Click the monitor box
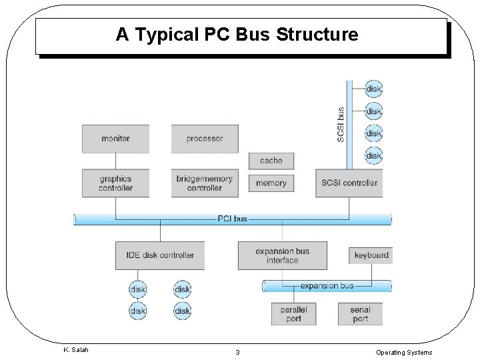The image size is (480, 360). click(115, 139)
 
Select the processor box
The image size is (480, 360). click(205, 139)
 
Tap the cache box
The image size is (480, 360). click(271, 161)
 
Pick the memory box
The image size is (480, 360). click(271, 183)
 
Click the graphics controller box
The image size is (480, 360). click(115, 183)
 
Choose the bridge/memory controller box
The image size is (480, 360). click(205, 183)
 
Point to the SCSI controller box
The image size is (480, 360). click(349, 183)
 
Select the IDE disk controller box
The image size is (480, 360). click(160, 255)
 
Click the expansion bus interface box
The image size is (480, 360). click(282, 255)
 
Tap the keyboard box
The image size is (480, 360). click(371, 255)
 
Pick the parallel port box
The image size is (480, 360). click(293, 314)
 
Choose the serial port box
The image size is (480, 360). click(360, 314)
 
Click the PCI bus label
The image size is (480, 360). click(232, 219)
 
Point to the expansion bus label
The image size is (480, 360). click(327, 286)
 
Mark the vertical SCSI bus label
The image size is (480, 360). click(341, 125)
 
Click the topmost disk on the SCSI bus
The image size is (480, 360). click(374, 89)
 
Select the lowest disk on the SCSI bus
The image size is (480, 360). click(374, 156)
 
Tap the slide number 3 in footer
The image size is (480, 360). click(237, 352)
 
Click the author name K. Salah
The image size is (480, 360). click(75, 350)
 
